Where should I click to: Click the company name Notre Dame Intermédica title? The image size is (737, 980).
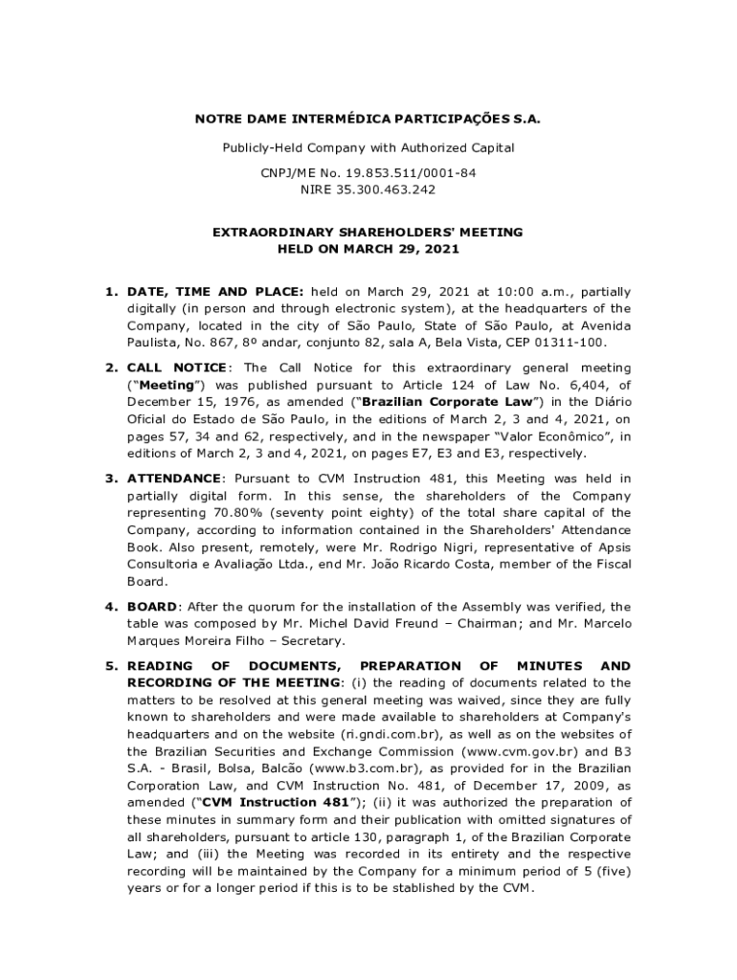click(368, 121)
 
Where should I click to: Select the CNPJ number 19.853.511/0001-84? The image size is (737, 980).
click(406, 173)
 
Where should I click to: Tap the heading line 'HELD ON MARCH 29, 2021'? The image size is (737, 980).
click(368, 249)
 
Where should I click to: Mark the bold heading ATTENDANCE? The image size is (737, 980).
click(174, 479)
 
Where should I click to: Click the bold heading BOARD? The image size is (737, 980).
click(152, 607)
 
